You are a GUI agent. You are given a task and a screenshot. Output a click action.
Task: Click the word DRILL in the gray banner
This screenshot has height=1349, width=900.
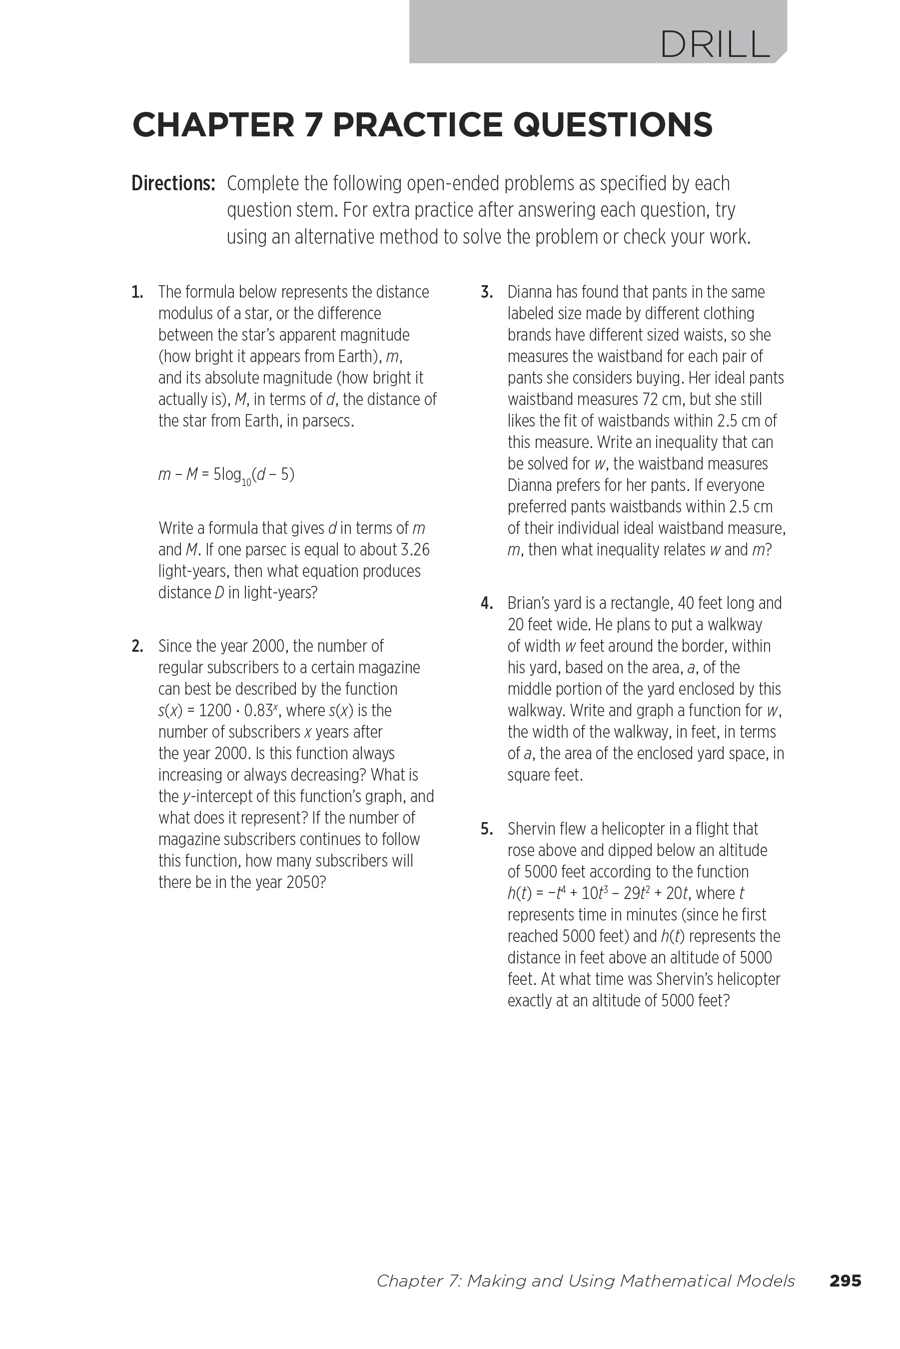pyautogui.click(x=715, y=44)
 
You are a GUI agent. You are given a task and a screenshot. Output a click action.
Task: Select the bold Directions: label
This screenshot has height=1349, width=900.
pyautogui.click(x=173, y=183)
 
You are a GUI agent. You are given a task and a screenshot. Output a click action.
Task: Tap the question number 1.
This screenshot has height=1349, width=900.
pyautogui.click(x=137, y=293)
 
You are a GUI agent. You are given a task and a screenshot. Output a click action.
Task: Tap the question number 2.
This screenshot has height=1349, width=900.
pyautogui.click(x=137, y=646)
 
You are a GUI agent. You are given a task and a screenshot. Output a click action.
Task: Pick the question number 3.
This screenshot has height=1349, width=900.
pyautogui.click(x=487, y=293)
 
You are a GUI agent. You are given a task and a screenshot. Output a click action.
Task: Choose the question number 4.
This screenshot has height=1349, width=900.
pyautogui.click(x=487, y=603)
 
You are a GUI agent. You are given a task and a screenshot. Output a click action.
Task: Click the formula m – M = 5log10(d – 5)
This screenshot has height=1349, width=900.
pyautogui.click(x=226, y=475)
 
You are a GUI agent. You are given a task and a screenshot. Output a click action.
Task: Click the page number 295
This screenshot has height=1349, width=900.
pyautogui.click(x=845, y=1281)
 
